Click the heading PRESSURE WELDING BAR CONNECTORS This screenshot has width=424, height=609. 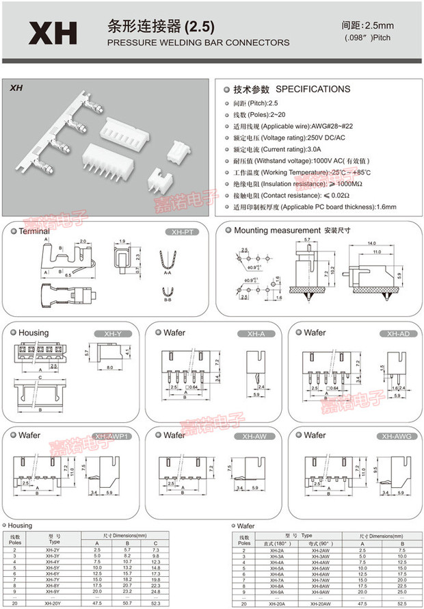[198, 42]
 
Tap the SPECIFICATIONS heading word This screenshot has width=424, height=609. [313, 90]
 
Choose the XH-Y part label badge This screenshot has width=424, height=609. [112, 333]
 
